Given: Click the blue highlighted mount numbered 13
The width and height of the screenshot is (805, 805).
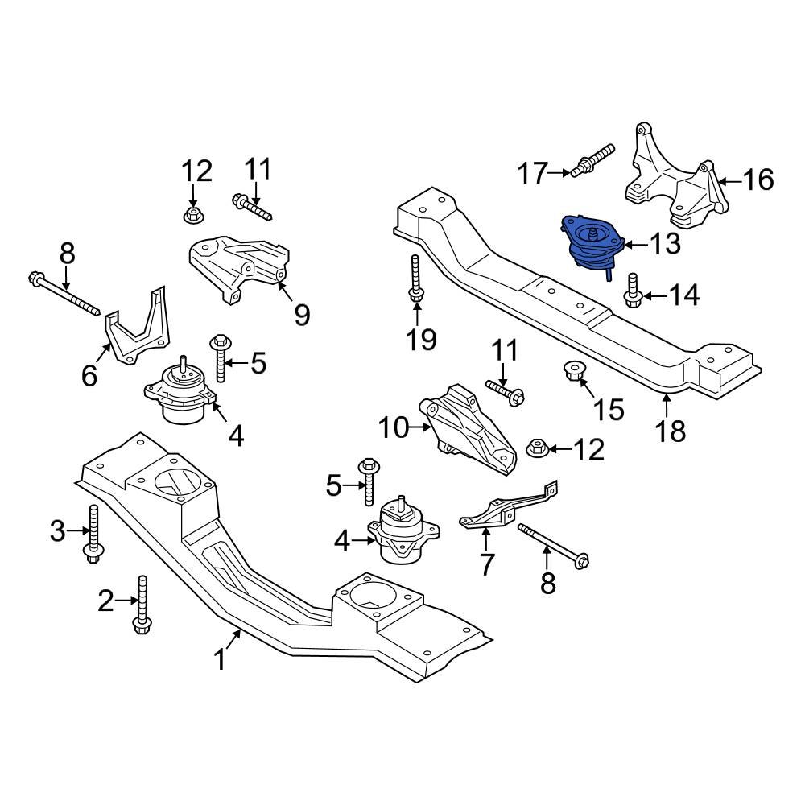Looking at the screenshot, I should tap(592, 246).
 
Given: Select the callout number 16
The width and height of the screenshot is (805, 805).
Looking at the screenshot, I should tap(757, 179).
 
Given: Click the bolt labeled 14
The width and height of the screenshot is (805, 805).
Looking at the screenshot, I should tap(632, 291).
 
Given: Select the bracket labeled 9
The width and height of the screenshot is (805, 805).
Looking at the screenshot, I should tap(237, 266).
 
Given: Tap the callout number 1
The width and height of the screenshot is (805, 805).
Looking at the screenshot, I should tap(219, 661).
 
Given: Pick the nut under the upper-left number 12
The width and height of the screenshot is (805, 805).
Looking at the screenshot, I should tap(192, 215).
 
